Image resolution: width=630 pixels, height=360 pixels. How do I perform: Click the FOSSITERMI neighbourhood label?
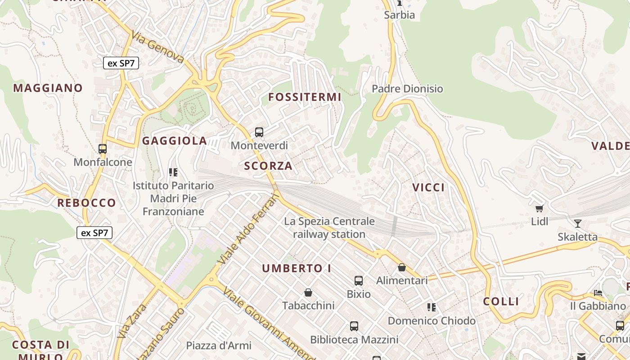point(305,97)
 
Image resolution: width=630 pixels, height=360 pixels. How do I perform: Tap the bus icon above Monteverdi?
point(259,132)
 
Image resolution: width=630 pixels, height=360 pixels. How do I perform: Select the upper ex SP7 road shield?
point(121,63)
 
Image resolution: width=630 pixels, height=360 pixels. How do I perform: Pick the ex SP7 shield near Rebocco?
point(94,233)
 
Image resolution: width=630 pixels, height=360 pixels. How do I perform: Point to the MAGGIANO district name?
point(48,88)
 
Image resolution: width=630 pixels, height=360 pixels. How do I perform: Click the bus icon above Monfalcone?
point(103,148)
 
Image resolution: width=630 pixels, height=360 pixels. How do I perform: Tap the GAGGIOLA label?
point(175,141)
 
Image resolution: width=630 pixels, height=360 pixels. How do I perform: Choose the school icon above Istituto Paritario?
point(173,172)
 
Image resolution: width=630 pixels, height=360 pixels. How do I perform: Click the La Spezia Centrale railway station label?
point(329,228)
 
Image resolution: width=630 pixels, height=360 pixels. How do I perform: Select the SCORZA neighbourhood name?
point(268,166)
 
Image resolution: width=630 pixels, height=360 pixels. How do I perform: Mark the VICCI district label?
point(428,187)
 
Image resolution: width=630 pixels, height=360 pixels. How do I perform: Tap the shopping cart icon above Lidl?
point(539,208)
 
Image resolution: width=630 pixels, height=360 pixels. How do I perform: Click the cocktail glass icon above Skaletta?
point(578,223)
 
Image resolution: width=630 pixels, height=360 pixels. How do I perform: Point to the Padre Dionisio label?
point(407,89)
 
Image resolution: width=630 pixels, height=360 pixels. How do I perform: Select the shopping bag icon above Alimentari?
point(402,267)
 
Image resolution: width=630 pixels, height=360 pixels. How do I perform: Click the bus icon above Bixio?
point(359,281)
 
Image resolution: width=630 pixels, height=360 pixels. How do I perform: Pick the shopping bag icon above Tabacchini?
point(308,292)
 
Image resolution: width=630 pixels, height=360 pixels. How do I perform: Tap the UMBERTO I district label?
point(297,269)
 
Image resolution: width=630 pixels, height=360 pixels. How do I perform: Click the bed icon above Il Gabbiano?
point(598,293)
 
